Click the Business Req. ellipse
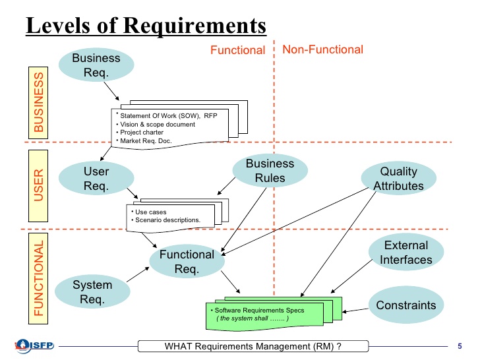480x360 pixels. coord(96,64)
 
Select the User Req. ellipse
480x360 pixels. coord(96,178)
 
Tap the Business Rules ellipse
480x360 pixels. coord(270,170)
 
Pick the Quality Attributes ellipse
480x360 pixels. coord(398,178)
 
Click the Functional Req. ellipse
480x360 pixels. coord(187,261)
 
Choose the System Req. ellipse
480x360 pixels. coord(92,292)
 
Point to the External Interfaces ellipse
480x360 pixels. coord(405,253)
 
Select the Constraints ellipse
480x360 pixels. coord(405,305)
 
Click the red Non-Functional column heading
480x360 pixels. coord(322,49)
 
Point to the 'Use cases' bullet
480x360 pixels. coord(148,212)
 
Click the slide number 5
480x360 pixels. coord(459,345)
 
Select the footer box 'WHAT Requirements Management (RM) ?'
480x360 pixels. coord(244,346)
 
